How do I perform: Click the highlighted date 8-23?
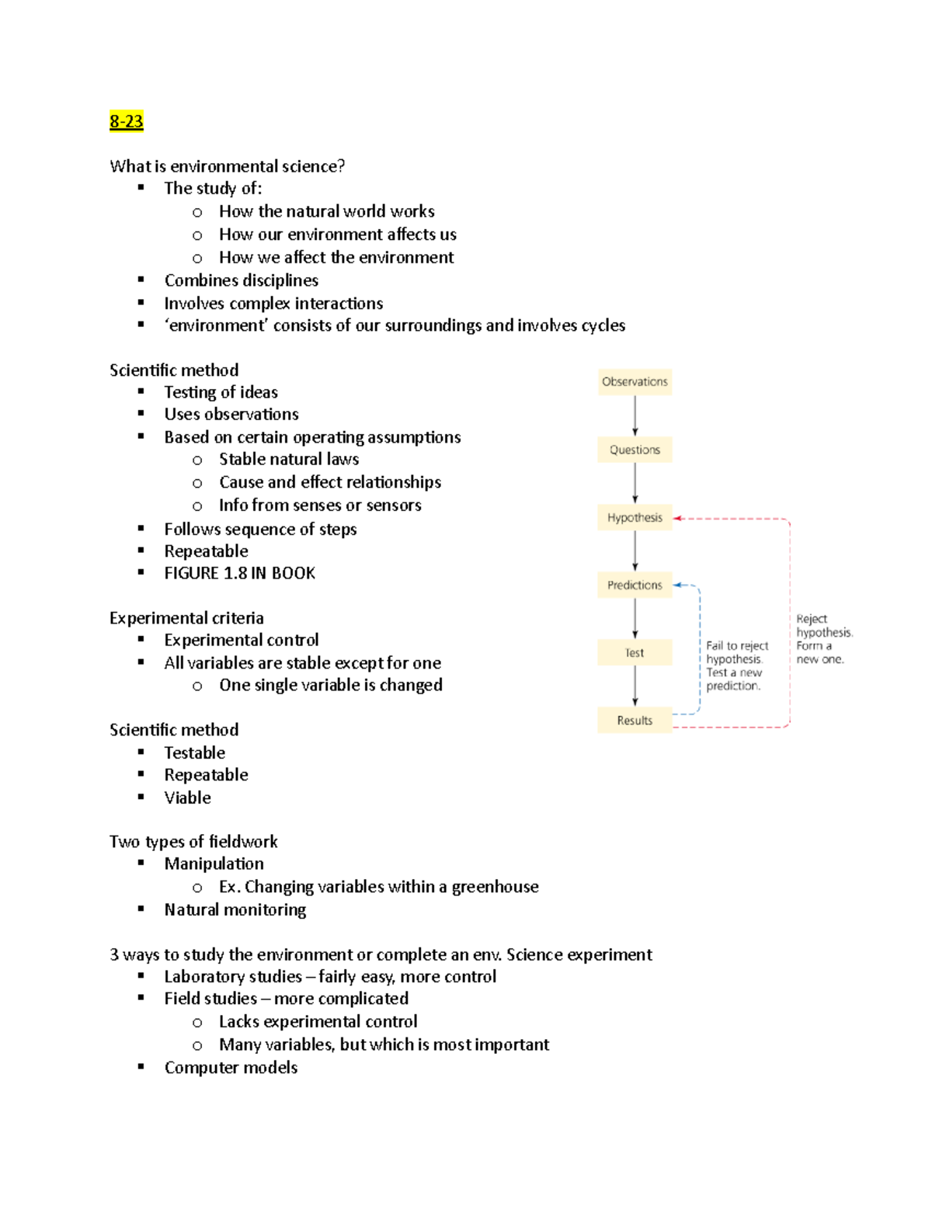[127, 121]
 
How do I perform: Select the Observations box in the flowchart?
[635, 382]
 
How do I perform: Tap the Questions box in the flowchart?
[635, 450]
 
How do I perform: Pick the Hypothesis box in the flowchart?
[635, 518]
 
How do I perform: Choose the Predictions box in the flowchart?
[635, 586]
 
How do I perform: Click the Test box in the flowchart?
[635, 653]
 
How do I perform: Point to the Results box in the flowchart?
[635, 721]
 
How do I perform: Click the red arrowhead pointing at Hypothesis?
[677, 518]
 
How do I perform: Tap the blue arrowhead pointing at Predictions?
[677, 585]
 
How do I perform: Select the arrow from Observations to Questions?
[635, 415]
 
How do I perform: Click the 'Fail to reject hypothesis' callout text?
[736, 666]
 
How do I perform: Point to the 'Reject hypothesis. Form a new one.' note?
[823, 639]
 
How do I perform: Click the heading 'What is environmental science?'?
[227, 166]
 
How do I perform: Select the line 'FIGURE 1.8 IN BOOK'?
[239, 573]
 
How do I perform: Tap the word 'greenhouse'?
[495, 887]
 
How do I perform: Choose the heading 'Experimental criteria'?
[186, 618]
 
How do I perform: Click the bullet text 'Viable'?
[187, 798]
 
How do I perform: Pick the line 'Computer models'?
[231, 1068]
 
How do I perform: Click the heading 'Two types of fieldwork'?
[193, 842]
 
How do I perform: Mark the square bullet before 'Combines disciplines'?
[141, 280]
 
